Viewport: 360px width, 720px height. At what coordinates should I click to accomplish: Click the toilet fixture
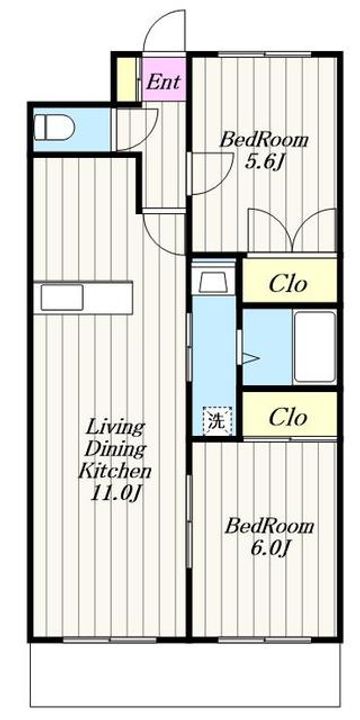(x=54, y=127)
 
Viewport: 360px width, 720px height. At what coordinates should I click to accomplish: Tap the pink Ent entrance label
(x=164, y=82)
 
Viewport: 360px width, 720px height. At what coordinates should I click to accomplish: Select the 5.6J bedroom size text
(x=263, y=162)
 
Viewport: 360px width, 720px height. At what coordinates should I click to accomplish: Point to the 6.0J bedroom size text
(x=269, y=547)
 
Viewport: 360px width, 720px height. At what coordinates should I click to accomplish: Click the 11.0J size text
(x=115, y=493)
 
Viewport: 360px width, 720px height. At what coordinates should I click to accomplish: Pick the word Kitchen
(x=115, y=471)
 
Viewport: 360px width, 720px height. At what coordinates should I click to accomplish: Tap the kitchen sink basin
(x=62, y=297)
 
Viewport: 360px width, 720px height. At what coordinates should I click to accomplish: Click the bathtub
(x=315, y=347)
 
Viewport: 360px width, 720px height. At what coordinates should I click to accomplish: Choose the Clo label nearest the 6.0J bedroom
(x=288, y=417)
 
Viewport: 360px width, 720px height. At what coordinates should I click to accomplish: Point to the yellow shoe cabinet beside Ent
(x=126, y=79)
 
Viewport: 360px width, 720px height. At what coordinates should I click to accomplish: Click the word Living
(x=115, y=429)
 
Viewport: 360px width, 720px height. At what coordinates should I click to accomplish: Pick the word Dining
(x=115, y=450)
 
